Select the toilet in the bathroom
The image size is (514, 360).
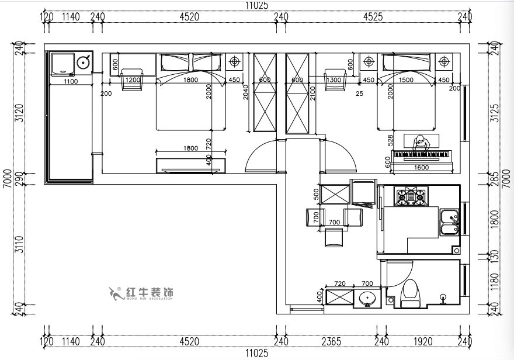point(411,292)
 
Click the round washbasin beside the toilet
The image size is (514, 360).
point(367,297)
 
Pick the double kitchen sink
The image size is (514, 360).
point(449,221)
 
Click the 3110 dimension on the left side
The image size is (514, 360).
point(19,243)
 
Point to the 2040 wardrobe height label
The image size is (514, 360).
point(246,93)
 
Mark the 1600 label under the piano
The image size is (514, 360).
point(421,168)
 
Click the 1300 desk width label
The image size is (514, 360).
point(334,80)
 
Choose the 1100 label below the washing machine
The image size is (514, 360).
point(70,81)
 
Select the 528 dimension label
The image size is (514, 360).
point(389,140)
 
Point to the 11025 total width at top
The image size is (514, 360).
point(256,5)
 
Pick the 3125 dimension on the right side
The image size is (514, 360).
point(495,113)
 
